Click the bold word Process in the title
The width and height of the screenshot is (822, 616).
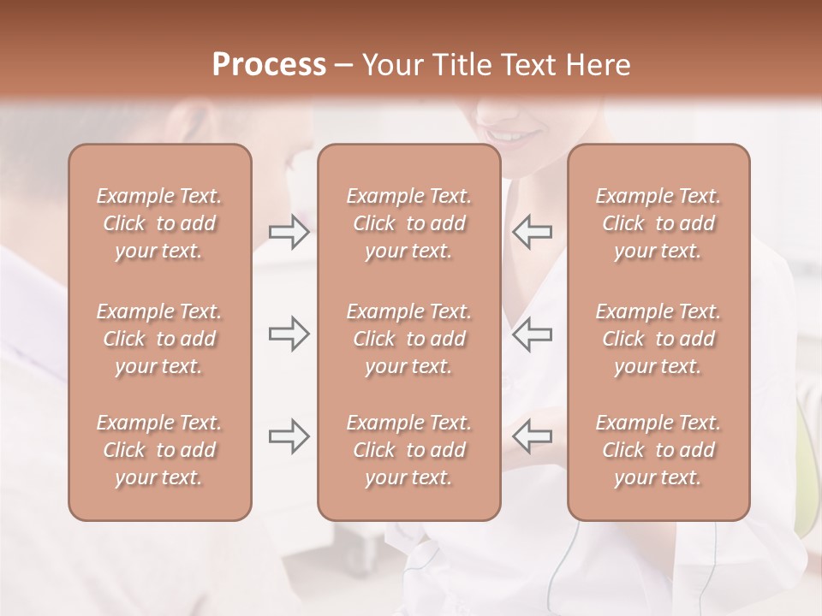pos(269,65)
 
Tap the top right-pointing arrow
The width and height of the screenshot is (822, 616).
pos(289,232)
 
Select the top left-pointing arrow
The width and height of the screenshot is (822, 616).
pos(533,232)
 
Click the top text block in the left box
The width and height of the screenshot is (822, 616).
pos(159,223)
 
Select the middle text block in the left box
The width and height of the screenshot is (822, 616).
pos(159,339)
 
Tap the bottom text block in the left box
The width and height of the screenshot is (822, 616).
pos(159,450)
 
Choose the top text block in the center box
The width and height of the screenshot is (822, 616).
pos(408,223)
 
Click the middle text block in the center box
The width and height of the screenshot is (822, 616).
pos(408,339)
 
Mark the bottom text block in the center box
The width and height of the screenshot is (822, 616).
pos(408,450)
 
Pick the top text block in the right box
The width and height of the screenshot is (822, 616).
pos(658,223)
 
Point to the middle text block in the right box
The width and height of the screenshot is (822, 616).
pos(658,339)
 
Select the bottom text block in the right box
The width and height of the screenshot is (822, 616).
pos(658,450)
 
